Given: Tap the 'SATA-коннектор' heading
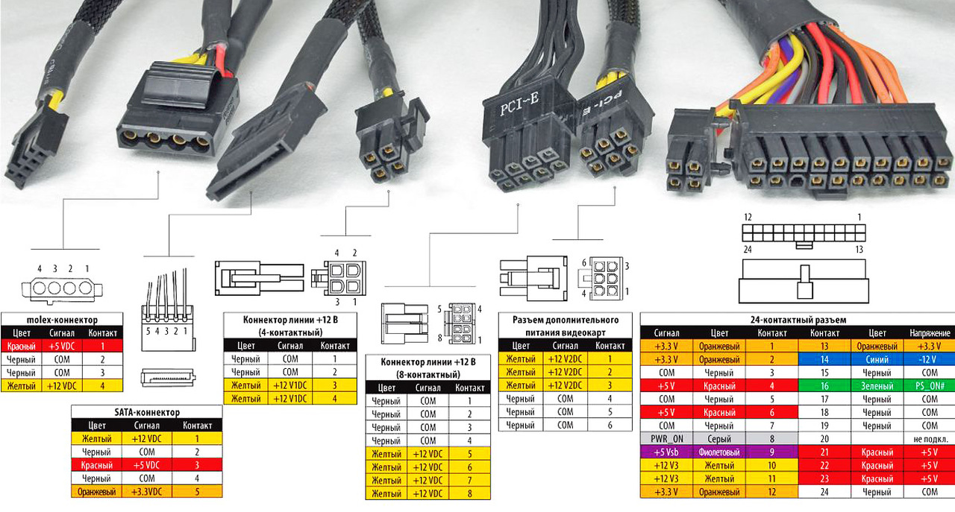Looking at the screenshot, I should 146,412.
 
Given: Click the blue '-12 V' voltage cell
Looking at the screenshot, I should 930,359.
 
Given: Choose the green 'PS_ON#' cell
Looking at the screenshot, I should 930,386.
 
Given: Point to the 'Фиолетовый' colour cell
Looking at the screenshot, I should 719,452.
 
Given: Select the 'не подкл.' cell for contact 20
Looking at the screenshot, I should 930,439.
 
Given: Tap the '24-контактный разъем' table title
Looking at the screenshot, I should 797,320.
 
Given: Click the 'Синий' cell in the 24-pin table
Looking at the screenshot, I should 876,359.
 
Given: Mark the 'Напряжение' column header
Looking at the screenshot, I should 930,332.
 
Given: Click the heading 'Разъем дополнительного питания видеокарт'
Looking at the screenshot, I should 565,326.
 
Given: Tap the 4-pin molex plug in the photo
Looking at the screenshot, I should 177,119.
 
